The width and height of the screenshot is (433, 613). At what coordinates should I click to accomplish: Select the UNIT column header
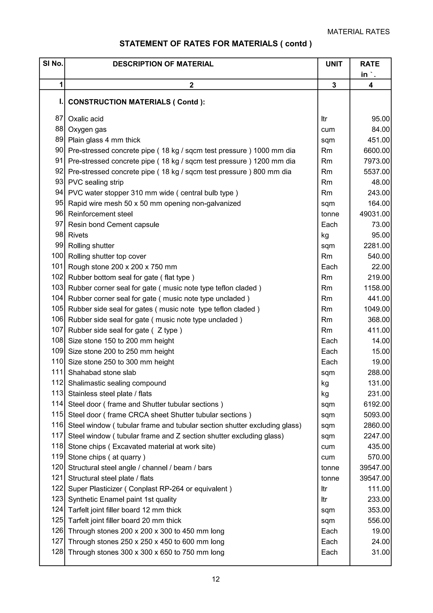tap(334, 64)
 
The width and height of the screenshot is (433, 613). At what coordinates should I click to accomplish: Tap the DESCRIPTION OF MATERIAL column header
tap(163, 64)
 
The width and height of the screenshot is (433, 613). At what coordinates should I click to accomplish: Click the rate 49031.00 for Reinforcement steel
tap(374, 214)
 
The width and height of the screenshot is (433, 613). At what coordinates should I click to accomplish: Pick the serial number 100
tap(57, 256)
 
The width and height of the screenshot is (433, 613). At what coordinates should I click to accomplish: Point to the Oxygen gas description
tap(87, 129)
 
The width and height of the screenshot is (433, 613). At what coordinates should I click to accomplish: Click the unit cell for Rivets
tap(325, 235)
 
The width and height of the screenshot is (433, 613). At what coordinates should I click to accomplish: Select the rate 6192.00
tap(376, 404)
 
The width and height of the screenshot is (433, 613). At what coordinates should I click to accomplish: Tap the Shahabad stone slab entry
tap(102, 372)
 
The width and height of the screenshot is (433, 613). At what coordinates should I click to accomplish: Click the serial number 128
tap(57, 552)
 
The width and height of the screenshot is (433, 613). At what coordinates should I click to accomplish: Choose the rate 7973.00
tap(376, 161)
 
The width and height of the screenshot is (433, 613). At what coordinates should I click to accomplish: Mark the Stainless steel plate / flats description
tap(110, 393)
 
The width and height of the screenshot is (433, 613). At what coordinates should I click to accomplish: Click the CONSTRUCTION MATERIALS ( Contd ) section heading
tap(136, 102)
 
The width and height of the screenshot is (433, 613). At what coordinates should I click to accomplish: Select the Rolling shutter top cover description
tap(107, 256)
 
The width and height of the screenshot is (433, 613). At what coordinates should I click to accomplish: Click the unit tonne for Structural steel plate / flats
tap(330, 478)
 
